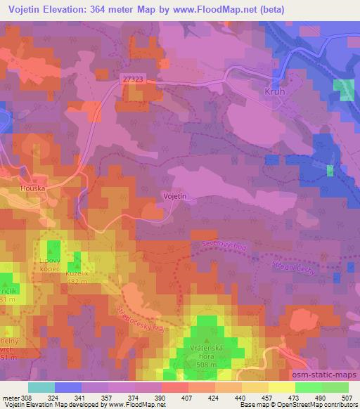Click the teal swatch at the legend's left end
tap(41, 387)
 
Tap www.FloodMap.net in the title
tap(220, 8)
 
